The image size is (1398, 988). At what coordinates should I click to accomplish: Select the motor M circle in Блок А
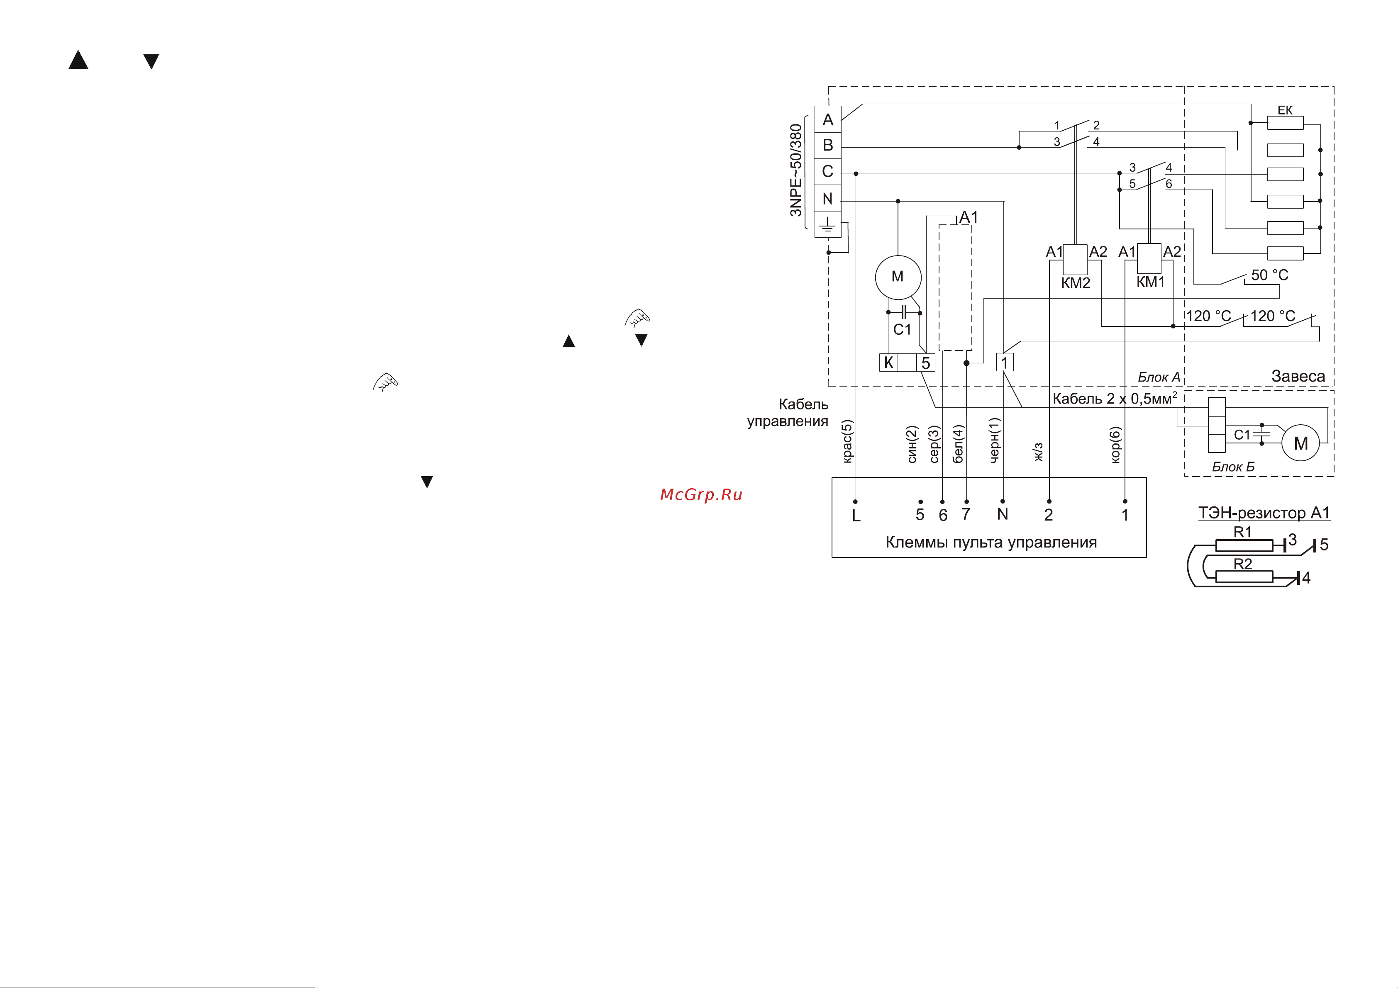pos(898,277)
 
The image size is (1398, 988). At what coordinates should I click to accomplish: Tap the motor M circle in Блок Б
pos(1300,443)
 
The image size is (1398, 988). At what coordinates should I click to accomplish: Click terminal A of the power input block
pos(827,119)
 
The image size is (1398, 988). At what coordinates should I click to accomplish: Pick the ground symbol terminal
pos(827,225)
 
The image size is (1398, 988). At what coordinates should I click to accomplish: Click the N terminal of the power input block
pos(827,198)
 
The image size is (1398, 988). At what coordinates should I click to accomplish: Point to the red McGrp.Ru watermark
pos(701,494)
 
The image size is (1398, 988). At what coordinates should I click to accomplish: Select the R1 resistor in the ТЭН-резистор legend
pos(1244,545)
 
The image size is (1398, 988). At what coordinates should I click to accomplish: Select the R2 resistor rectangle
pos(1244,577)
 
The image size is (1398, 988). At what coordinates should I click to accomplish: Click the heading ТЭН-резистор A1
pos(1264,513)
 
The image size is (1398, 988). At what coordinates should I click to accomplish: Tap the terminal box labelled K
pos(889,363)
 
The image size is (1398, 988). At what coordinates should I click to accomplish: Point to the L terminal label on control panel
pos(856,516)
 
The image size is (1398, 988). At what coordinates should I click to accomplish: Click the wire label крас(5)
pos(848,441)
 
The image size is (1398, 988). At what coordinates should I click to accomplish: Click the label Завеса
pos(1298,376)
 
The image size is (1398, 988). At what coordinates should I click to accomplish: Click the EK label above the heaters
pos(1285,110)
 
